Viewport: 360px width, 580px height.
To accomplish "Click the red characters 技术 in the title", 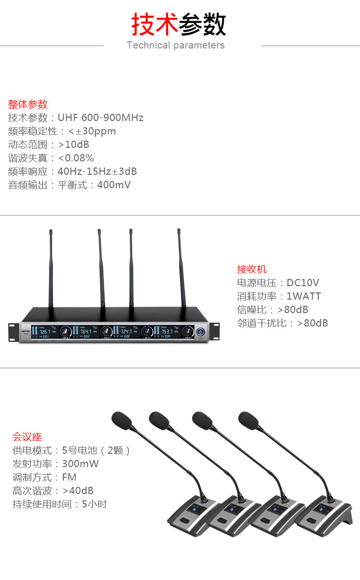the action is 155,24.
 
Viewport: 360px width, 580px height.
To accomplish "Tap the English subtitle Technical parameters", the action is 176,45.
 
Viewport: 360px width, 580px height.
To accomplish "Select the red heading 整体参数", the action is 28,104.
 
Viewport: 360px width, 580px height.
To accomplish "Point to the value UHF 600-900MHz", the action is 100,118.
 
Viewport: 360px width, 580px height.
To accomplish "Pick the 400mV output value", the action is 114,185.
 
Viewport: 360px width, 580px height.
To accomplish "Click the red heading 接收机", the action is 252,269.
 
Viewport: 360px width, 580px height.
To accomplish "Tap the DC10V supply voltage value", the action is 302,283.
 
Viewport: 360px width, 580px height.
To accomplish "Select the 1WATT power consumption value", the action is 303,296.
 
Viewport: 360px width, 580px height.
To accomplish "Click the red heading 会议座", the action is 27,437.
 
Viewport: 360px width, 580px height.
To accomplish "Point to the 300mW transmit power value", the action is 80,464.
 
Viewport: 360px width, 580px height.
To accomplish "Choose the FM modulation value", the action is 69,477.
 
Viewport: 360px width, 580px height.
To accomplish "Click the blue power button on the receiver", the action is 200,331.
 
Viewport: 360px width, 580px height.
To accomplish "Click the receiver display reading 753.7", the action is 167,331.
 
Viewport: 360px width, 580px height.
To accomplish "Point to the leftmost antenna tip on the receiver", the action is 50,232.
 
